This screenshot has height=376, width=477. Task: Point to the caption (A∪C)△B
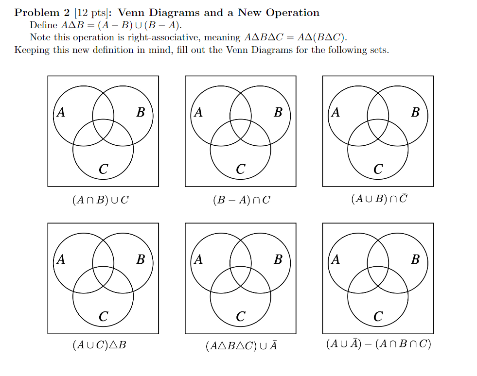click(x=99, y=345)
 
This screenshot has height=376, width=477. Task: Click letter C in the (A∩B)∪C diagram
click(x=103, y=169)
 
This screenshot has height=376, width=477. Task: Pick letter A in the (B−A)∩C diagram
click(x=198, y=113)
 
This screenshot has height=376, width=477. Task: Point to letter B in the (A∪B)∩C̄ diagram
click(x=415, y=113)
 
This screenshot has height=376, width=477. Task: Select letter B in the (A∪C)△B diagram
click(x=141, y=259)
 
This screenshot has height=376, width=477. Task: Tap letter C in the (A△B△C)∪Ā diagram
click(x=241, y=317)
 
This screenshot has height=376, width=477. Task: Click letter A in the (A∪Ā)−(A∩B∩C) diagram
click(x=336, y=259)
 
